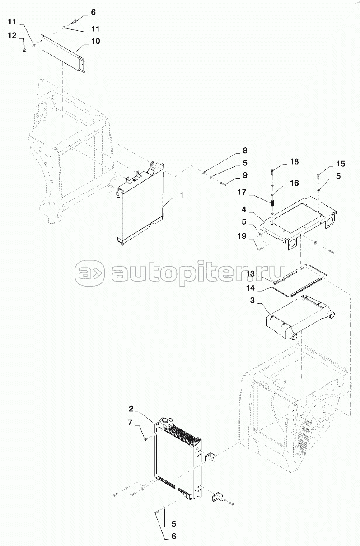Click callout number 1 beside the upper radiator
181,195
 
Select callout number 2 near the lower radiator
131,409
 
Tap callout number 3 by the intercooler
252,301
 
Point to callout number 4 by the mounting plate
244,209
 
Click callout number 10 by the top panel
96,41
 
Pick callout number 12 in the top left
12,36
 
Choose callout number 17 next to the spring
242,192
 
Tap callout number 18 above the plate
294,162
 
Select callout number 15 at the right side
341,164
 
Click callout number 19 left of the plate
242,236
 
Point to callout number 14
250,288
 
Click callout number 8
245,151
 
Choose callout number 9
245,175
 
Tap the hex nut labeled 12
25,50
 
